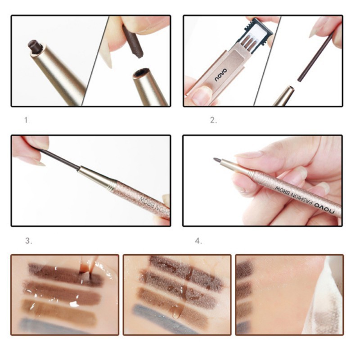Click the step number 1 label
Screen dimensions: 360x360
click(26, 120)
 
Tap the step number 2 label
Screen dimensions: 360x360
click(213, 120)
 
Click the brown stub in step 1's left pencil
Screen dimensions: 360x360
click(34, 46)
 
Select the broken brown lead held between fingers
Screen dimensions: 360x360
click(133, 43)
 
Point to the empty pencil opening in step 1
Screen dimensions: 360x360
click(143, 72)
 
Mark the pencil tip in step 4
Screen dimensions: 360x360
click(216, 160)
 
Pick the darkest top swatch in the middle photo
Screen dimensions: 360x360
click(184, 269)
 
